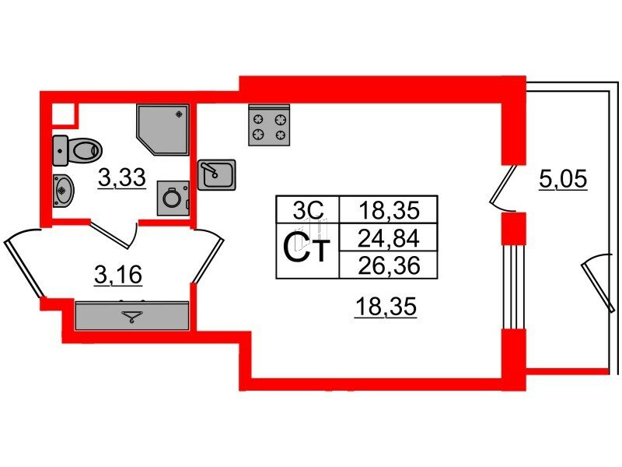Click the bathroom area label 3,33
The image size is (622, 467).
tap(122, 177)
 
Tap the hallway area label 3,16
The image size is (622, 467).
tap(118, 275)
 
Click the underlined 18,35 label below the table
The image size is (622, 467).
tap(386, 307)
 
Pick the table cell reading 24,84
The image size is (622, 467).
tap(388, 238)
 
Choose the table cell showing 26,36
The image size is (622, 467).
tap(389, 265)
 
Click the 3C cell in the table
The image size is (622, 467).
tap(308, 209)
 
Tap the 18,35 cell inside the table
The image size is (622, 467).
tap(389, 209)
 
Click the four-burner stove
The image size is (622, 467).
tap(269, 125)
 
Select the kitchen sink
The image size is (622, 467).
tap(217, 174)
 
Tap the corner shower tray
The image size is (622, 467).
tap(162, 129)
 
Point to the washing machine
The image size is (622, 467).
tap(173, 198)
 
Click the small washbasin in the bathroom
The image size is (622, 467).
tap(63, 191)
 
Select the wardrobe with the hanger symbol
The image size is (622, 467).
tap(132, 315)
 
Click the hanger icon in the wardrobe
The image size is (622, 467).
tap(132, 317)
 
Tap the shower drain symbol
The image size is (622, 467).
tap(180, 114)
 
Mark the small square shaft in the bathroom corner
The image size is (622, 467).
tap(64, 114)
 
